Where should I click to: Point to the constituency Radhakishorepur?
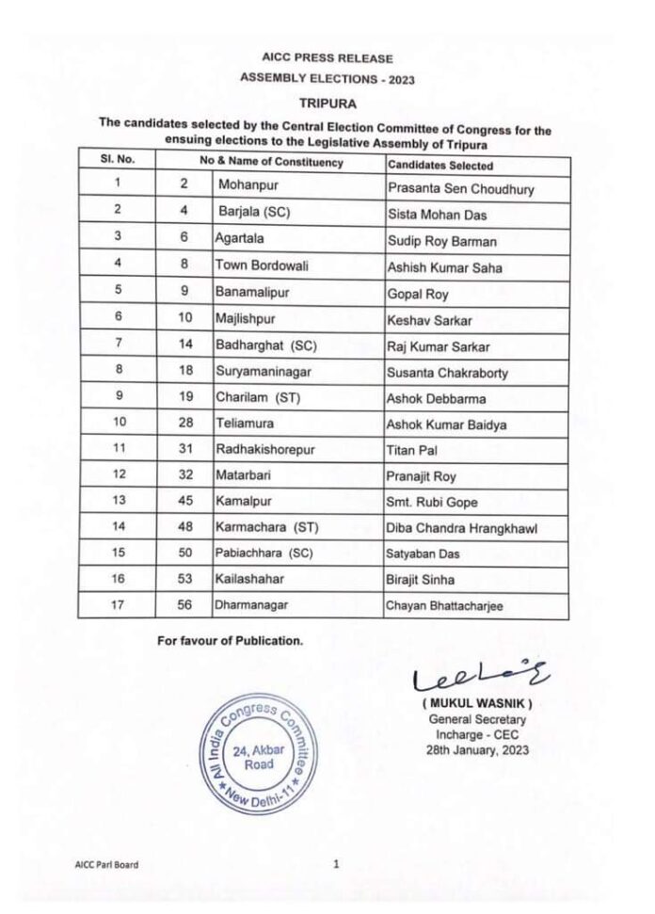(x=270, y=451)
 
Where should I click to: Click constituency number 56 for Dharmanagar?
(x=187, y=606)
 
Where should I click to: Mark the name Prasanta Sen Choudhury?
(x=461, y=189)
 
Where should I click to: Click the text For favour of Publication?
(x=231, y=641)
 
